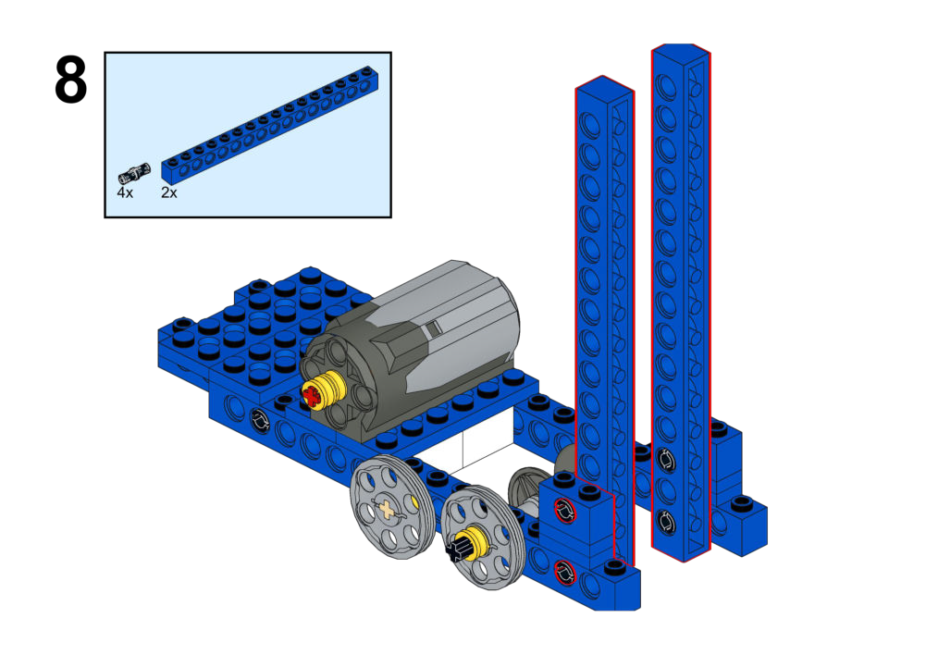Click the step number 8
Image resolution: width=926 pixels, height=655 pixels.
point(71,80)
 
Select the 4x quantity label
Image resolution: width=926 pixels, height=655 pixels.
point(125,192)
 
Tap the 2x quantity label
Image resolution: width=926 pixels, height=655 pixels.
point(169,192)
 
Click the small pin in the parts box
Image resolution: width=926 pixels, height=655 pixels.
point(134,173)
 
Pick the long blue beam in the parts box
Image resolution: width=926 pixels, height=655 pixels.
point(270,123)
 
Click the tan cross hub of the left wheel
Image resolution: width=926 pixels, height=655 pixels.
point(387,509)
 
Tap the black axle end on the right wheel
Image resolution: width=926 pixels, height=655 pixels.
point(456,551)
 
